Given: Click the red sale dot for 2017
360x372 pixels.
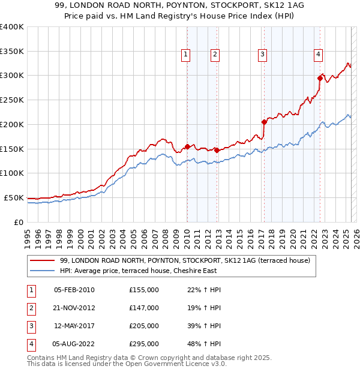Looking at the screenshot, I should pyautogui.click(x=263, y=122).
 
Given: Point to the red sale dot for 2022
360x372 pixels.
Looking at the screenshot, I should pyautogui.click(x=320, y=77).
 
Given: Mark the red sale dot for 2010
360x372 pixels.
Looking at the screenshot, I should pyautogui.click(x=187, y=146).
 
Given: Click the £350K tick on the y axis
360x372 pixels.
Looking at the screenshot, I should pyautogui.click(x=12, y=52).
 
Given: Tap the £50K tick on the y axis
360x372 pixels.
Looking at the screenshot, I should pyautogui.click(x=14, y=197).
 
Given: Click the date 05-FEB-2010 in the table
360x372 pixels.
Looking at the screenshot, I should pyautogui.click(x=74, y=290).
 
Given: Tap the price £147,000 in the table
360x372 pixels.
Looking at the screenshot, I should pyautogui.click(x=144, y=308).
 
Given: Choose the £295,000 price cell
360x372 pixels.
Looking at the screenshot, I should pyautogui.click(x=144, y=344).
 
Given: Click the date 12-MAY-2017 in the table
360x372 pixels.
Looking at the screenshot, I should pyautogui.click(x=74, y=326).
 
